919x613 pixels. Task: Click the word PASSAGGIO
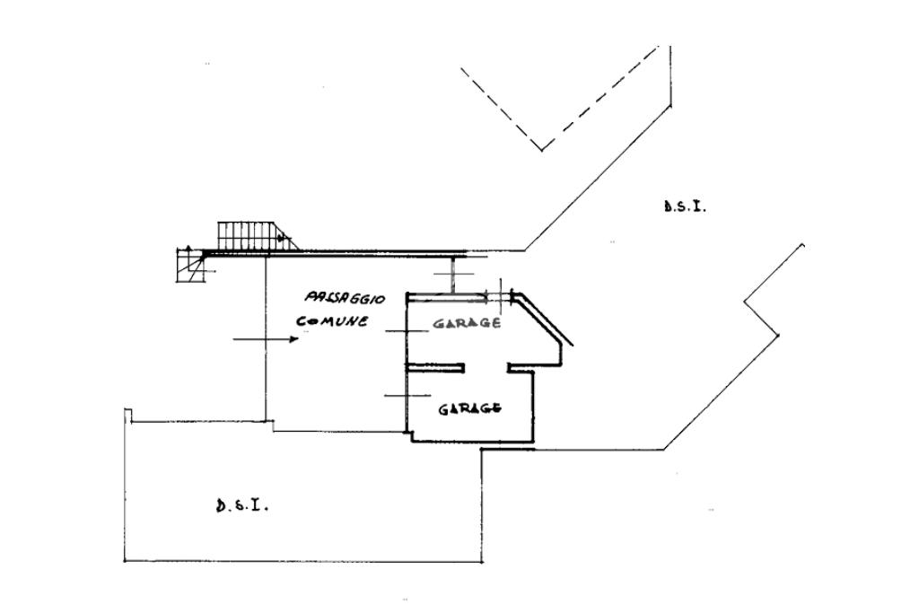point(345,298)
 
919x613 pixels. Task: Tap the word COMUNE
point(332,320)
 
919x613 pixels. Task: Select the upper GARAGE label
point(466,323)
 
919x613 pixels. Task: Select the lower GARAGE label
point(469,408)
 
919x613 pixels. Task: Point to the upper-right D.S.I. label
point(685,206)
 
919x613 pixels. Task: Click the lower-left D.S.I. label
point(242,504)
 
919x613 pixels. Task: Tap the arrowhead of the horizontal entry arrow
point(293,339)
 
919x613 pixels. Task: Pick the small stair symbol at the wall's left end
point(191,266)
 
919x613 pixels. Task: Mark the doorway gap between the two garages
point(486,366)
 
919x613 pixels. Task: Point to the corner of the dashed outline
point(541,149)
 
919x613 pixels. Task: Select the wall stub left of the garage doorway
point(436,366)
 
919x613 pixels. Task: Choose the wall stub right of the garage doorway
point(521,366)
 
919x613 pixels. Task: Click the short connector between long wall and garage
point(454,274)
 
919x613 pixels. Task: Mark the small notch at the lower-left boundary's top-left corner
point(127,414)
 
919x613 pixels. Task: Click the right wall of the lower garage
point(535,404)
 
